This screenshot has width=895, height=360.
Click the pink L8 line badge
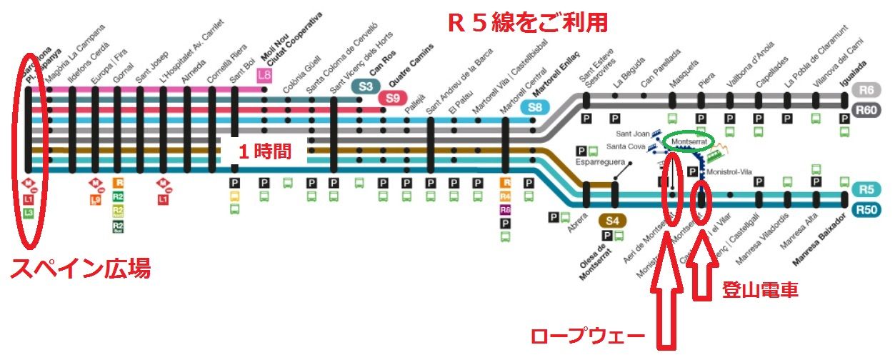[x=264, y=74]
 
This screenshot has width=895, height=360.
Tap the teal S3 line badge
[x=366, y=86]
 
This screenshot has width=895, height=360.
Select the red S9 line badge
[x=392, y=99]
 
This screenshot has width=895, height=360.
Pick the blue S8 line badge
[x=534, y=109]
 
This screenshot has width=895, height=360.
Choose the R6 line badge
[x=867, y=90]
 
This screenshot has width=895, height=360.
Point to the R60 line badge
[x=867, y=109]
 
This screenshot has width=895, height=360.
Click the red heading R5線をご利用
[x=527, y=23]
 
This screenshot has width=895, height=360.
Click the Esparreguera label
[x=600, y=162]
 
